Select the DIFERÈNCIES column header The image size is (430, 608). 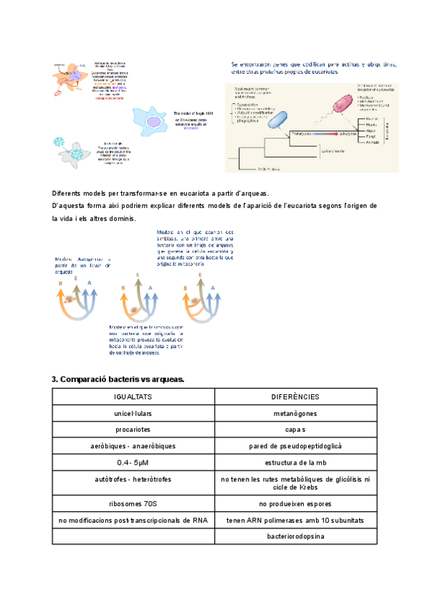coord(295,396)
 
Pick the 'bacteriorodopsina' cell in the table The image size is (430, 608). coord(295,536)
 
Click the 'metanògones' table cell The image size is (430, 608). coord(295,414)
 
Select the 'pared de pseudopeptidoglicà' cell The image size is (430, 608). coord(295,446)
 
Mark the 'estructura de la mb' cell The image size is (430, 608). coord(295,462)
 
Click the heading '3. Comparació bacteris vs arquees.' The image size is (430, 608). coord(118,379)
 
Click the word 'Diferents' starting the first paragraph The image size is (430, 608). coord(69,194)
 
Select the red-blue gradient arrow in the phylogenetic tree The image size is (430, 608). coord(312,133)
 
